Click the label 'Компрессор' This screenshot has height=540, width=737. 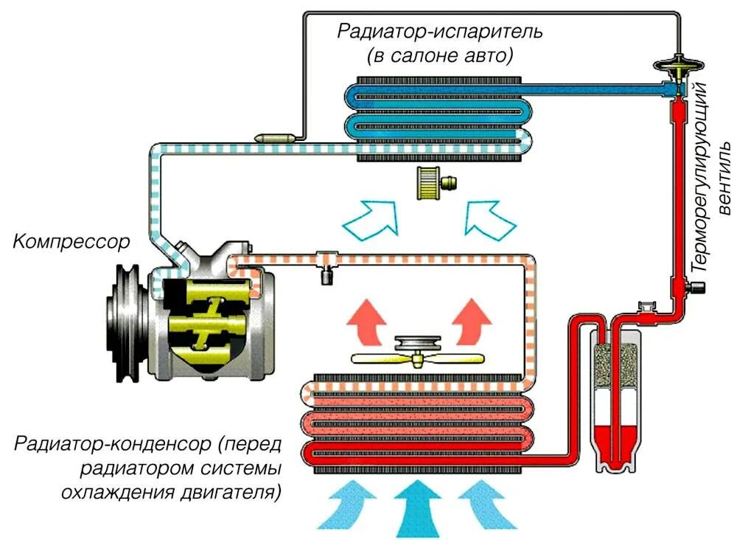71,241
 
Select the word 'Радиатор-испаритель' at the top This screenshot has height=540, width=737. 441,32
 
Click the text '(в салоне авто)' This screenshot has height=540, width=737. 441,56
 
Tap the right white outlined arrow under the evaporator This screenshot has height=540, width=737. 489,218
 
